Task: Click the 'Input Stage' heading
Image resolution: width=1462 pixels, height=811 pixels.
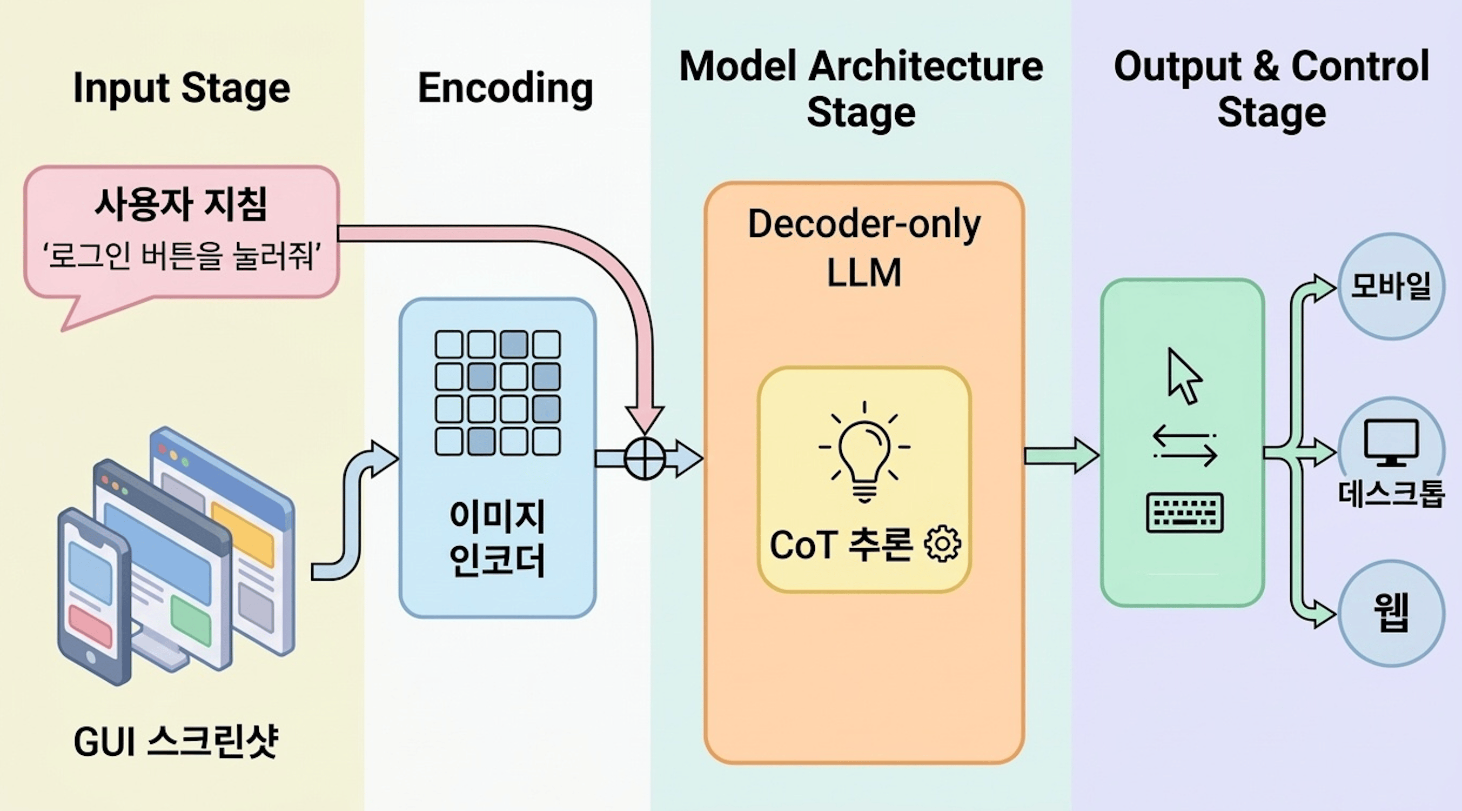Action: [182, 89]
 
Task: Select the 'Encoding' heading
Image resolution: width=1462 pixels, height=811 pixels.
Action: [505, 89]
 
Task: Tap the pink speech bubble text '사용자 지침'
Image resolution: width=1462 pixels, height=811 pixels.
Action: [181, 204]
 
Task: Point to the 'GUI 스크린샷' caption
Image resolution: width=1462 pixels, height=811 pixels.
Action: [176, 741]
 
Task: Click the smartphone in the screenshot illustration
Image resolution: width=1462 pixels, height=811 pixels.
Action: [91, 596]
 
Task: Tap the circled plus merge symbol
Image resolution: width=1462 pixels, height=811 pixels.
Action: [645, 458]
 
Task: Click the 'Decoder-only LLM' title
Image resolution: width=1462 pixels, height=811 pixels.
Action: [864, 248]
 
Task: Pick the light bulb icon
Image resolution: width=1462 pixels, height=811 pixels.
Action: [864, 454]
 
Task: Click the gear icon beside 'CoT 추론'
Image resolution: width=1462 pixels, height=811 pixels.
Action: [943, 544]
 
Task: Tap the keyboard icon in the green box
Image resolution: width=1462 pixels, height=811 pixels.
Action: [1184, 512]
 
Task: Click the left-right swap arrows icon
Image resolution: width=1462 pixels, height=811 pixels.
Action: [1184, 446]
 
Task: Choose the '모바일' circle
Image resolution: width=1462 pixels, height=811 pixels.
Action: [1391, 286]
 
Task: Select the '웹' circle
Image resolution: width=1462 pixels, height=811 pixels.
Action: [1391, 613]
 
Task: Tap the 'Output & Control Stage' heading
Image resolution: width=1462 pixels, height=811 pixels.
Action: [1271, 89]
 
